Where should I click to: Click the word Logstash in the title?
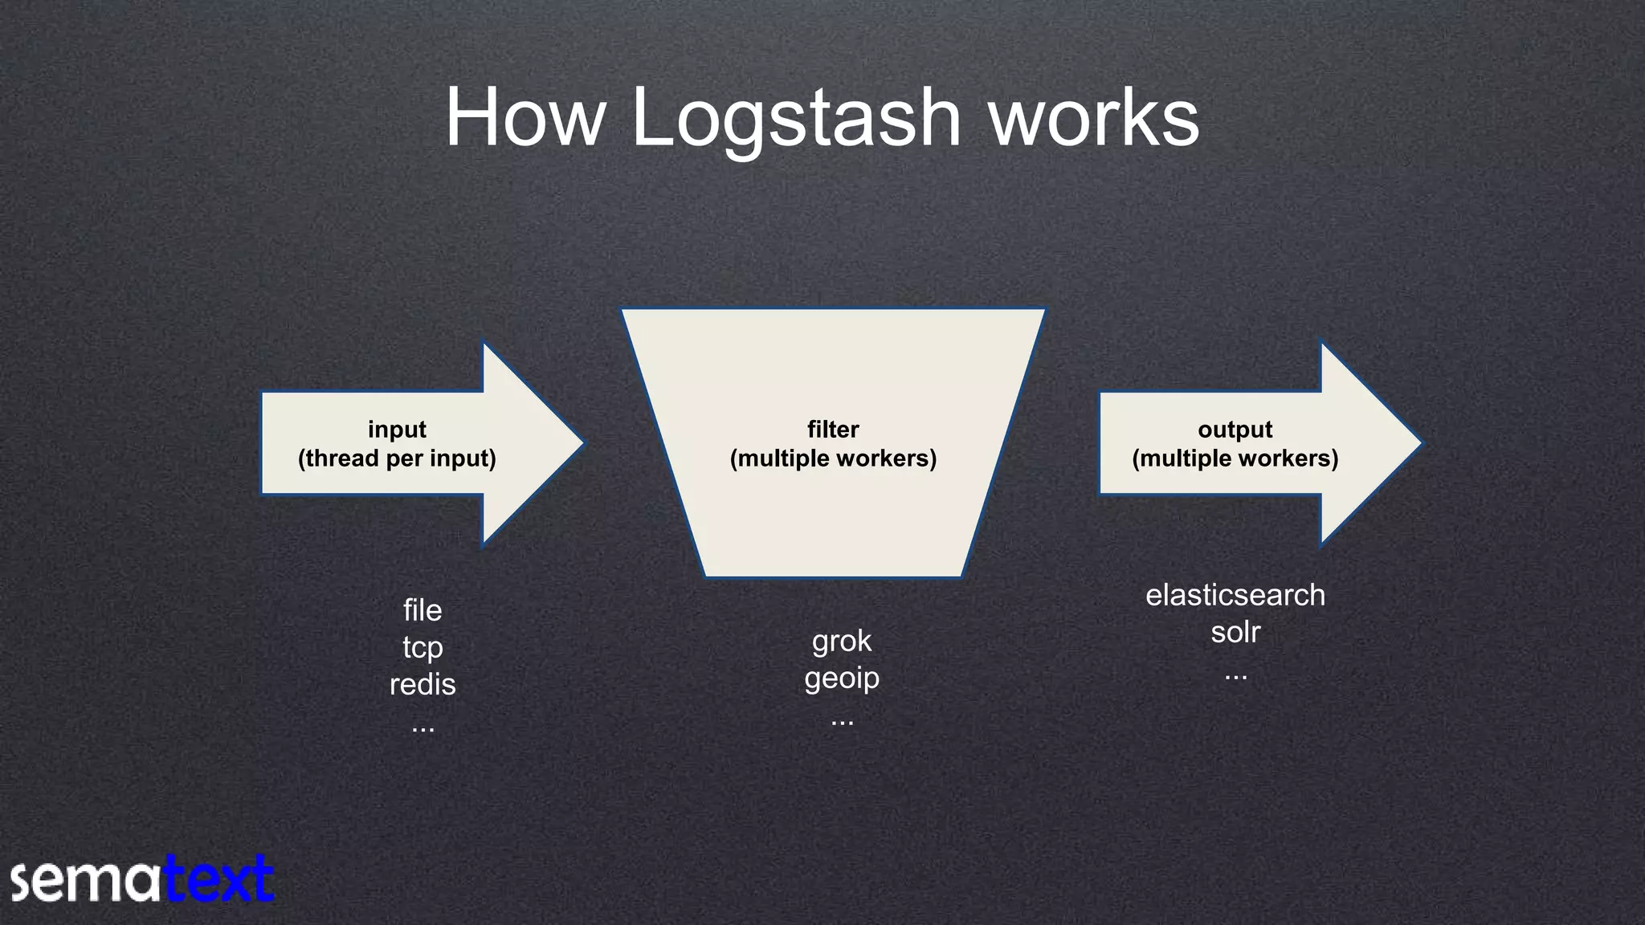(796, 119)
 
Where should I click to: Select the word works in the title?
(1093, 119)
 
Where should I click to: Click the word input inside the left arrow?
(397, 430)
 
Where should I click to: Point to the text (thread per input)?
(397, 458)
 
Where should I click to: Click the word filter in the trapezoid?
(833, 430)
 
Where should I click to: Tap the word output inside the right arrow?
(1235, 430)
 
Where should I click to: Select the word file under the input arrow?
(422, 610)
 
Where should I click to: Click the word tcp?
(422, 647)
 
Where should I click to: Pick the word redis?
(422, 684)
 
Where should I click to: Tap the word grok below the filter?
(841, 641)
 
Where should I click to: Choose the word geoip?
(841, 678)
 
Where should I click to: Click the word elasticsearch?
(1235, 595)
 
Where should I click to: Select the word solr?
(1235, 632)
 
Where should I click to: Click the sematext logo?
(142, 880)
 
